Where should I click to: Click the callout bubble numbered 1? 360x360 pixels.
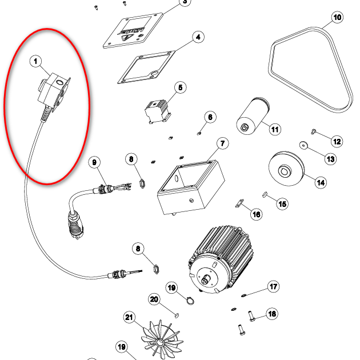coord(35,61)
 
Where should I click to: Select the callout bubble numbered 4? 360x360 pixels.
coord(198,37)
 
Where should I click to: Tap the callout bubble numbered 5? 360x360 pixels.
coord(180,87)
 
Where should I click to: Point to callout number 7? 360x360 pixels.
coord(222,143)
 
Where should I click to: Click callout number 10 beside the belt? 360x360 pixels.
coord(337,18)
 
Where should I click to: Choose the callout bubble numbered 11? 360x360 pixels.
coord(275,130)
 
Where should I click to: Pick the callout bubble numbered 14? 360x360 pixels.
coord(321,182)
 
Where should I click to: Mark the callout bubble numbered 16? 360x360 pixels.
coord(256,214)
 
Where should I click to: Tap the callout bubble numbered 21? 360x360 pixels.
coord(129,317)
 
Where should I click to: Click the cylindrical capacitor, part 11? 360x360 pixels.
coord(253,116)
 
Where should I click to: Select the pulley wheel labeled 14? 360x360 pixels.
coord(286,169)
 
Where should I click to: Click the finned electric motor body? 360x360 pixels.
coord(221,259)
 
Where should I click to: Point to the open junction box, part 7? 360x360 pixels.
coord(191,187)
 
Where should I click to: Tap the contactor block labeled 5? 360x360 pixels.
coord(158,111)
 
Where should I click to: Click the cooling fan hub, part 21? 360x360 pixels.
coord(159,342)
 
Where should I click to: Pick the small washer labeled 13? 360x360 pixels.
coord(303,145)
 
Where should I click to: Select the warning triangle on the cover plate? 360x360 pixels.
coord(127,38)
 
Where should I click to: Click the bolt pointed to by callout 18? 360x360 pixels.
coord(251,316)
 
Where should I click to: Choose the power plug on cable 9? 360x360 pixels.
coord(75,225)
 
